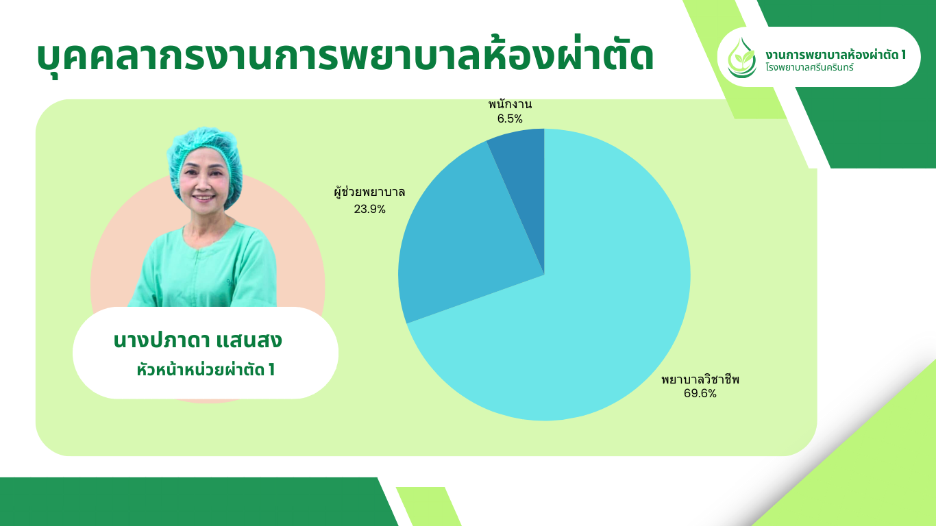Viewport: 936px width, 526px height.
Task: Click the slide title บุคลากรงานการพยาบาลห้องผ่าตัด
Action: point(345,56)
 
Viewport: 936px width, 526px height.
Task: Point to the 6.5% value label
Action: point(510,119)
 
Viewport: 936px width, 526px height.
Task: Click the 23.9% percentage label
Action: point(369,209)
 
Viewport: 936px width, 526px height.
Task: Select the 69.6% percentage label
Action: point(700,394)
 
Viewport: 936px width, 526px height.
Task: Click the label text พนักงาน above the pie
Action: point(510,105)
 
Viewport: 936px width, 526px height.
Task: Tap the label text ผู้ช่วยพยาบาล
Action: point(369,192)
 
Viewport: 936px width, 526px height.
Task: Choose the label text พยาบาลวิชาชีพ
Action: point(700,379)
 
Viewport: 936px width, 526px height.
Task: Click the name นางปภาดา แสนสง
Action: point(197,340)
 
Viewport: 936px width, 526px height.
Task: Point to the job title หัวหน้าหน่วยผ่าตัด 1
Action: point(206,370)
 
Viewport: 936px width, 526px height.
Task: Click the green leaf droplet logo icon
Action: point(741,58)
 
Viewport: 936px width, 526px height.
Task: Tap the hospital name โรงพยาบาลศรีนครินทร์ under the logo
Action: point(809,67)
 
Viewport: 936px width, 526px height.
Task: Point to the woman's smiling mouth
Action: point(204,197)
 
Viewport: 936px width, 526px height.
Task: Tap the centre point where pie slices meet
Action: point(544,275)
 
